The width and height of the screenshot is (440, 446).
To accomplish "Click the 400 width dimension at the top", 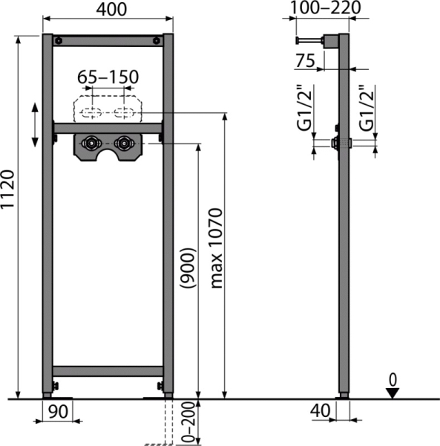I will tap(108, 10).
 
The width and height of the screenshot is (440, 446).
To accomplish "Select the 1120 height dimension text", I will tap(9, 210).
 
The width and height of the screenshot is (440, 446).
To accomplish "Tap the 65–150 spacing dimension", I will tap(108, 77).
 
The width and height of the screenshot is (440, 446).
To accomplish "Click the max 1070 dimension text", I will tap(216, 248).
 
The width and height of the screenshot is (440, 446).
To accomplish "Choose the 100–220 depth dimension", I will tap(325, 9).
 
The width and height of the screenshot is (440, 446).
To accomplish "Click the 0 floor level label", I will tap(393, 380).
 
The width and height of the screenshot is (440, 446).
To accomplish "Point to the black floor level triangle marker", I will tap(393, 393).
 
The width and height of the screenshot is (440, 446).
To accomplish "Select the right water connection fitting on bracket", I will tap(123, 142).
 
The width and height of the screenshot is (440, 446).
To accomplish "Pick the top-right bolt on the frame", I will tap(155, 41).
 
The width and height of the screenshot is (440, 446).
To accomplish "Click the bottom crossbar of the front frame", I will tap(108, 370).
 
